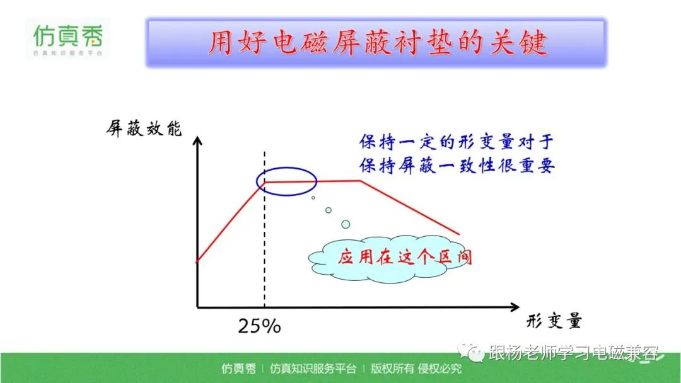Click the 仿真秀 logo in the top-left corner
pos(68,40)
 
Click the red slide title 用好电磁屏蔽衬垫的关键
pos(377,43)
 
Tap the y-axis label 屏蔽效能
pos(144,129)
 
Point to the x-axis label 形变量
pos(554,321)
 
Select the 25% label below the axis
pos(259,326)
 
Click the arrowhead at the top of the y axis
pos(197,141)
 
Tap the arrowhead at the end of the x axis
pos(515,307)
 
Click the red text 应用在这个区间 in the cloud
pos(405,257)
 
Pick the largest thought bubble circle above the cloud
pos(346,224)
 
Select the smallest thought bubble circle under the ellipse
pos(313,198)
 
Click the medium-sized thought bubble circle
pos(329,210)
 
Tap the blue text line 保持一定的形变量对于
pos(457,142)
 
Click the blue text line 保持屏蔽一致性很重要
pos(457,166)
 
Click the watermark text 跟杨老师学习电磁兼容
pos(573,353)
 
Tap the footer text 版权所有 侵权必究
pos(416,369)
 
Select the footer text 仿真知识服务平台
pos(313,369)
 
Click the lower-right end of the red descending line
pos(460,235)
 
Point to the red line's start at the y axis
pos(197,261)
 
